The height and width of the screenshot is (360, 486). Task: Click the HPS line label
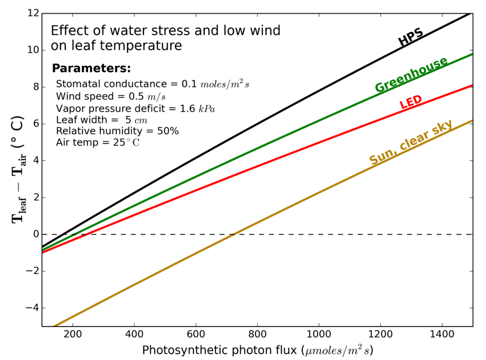coord(410,37)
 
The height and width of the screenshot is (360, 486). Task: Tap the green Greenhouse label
coord(411,75)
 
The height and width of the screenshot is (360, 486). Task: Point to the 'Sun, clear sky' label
coord(411,142)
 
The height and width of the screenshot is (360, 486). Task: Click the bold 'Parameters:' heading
coord(92,69)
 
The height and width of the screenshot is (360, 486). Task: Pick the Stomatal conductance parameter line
coord(152,84)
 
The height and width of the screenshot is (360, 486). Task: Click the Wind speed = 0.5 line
coord(111,96)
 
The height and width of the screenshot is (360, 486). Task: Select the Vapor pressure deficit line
coord(135,109)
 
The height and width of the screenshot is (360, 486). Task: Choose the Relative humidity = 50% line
coord(117,131)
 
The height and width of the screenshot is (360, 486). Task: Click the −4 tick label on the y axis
coord(33,308)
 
